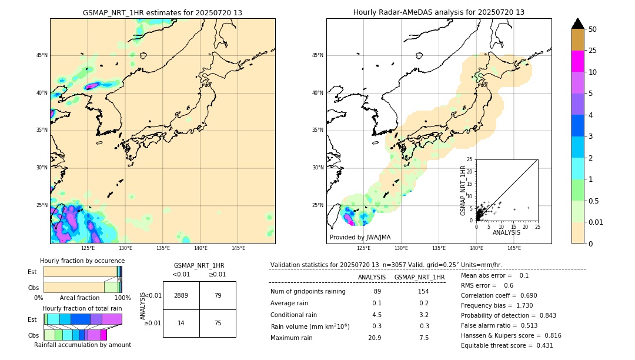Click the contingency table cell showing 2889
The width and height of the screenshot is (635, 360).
click(x=181, y=296)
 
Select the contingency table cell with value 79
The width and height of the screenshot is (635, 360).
click(x=218, y=296)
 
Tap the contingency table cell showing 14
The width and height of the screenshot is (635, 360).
click(x=181, y=324)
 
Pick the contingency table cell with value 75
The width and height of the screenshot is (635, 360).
click(x=218, y=324)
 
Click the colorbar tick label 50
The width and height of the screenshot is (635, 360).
click(x=593, y=29)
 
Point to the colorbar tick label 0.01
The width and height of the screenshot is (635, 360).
click(x=596, y=222)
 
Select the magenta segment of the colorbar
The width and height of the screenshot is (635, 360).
click(x=578, y=61)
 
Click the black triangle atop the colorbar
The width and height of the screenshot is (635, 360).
click(x=578, y=24)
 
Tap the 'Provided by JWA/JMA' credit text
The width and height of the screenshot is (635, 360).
click(x=360, y=238)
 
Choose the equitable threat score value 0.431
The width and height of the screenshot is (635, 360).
click(x=542, y=345)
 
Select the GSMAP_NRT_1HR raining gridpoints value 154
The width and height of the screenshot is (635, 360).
click(x=423, y=292)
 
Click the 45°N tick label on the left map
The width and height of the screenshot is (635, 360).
click(x=42, y=55)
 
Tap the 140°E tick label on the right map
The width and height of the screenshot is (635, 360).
click(x=476, y=248)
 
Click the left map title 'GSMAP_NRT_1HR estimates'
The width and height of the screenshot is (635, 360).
click(x=162, y=13)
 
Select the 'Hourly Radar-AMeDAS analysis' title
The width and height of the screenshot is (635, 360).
click(x=439, y=12)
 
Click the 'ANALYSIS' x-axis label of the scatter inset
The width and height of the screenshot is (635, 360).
click(x=506, y=233)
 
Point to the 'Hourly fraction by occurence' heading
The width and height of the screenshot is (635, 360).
click(x=82, y=261)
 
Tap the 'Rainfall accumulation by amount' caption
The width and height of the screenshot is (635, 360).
click(x=82, y=345)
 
